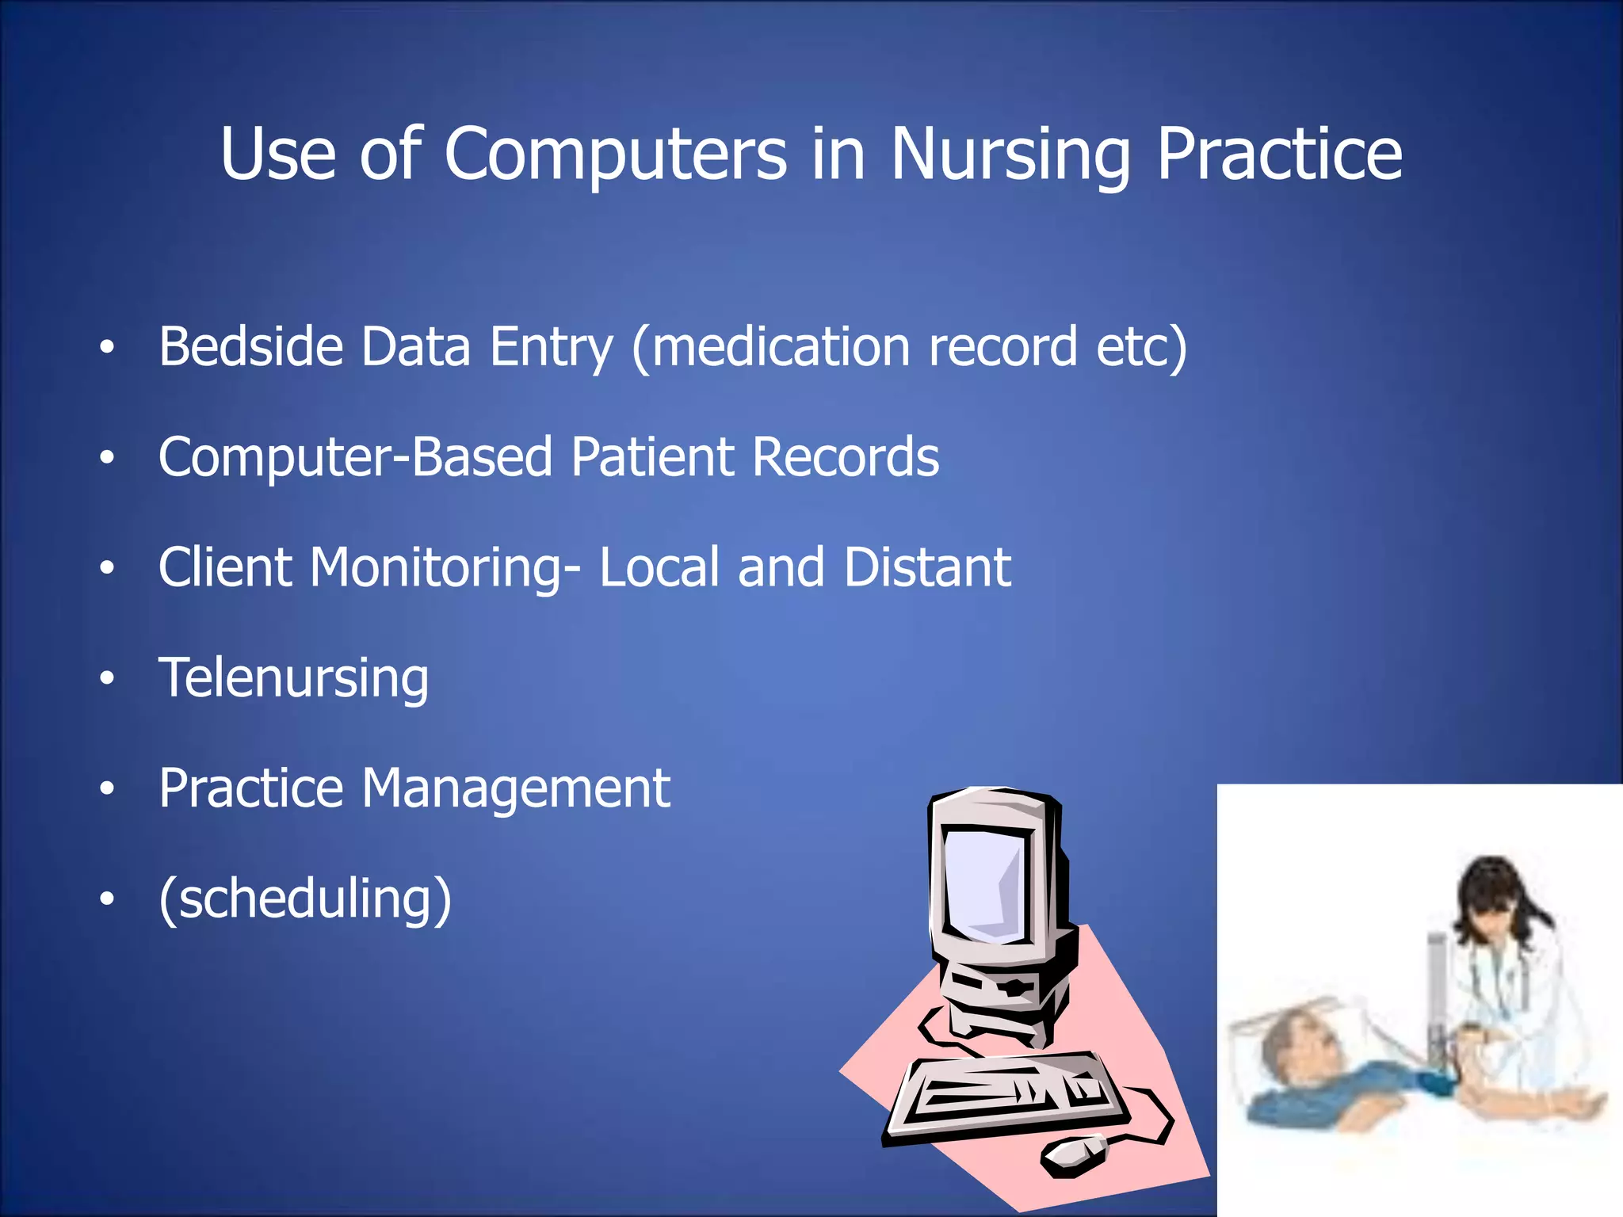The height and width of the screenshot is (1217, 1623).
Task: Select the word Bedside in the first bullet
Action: pos(250,347)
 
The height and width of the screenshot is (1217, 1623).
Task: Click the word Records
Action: pos(846,457)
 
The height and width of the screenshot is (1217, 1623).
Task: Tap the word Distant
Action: pos(927,567)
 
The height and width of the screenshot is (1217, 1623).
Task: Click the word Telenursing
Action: pos(293,679)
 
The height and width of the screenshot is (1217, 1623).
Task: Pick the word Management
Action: pos(516,788)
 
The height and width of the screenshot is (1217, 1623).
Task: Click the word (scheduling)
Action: pos(305,899)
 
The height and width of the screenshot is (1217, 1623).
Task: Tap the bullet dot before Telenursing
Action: pos(107,678)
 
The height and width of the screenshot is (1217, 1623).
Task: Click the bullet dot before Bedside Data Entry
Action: pos(107,347)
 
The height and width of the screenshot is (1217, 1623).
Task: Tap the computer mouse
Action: pos(1075,1155)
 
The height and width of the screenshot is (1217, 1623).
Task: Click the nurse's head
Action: pos(1490,895)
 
